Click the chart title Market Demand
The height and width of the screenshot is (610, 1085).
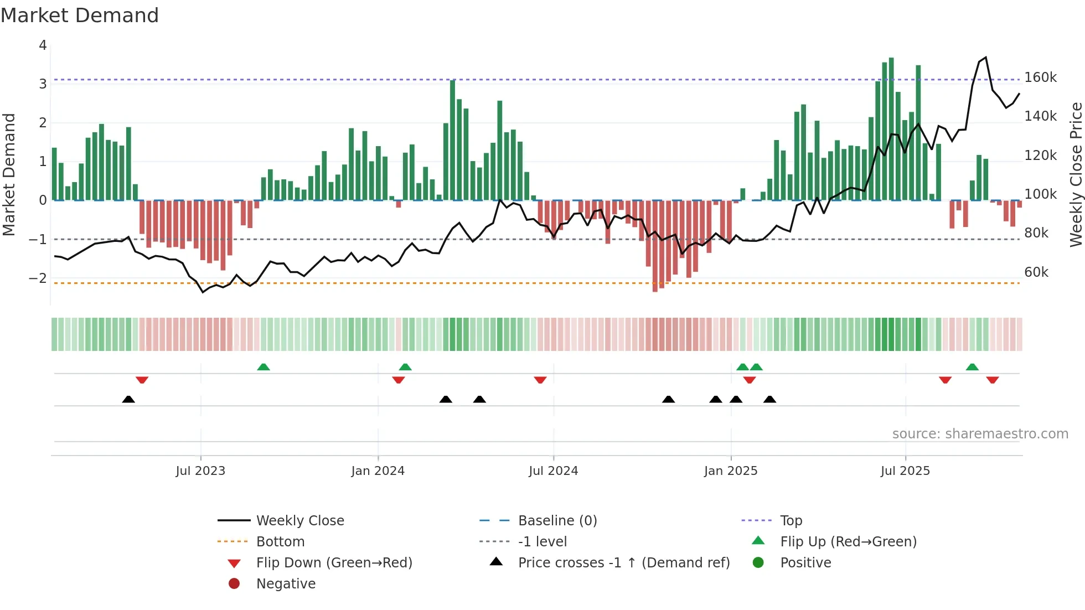pyautogui.click(x=80, y=15)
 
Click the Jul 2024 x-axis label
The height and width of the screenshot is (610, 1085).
pyautogui.click(x=553, y=471)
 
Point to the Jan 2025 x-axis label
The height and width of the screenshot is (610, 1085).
pyautogui.click(x=730, y=471)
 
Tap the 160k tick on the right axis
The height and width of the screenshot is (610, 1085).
pyautogui.click(x=1040, y=77)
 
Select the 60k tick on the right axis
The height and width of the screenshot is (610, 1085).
pyautogui.click(x=1036, y=272)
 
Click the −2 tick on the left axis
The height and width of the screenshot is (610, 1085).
pyautogui.click(x=38, y=278)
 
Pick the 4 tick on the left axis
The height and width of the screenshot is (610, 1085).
pyautogui.click(x=43, y=45)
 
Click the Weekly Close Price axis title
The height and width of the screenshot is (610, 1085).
pyautogui.click(x=1076, y=174)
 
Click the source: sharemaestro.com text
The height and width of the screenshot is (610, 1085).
pyautogui.click(x=980, y=434)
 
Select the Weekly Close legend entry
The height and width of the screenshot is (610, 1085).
pyautogui.click(x=299, y=521)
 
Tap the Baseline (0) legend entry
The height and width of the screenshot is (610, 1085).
pyautogui.click(x=557, y=521)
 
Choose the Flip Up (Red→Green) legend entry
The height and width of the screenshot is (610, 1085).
pyautogui.click(x=848, y=542)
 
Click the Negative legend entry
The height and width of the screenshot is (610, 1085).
pyautogui.click(x=286, y=584)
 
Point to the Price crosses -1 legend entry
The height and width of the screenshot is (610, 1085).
pyautogui.click(x=623, y=563)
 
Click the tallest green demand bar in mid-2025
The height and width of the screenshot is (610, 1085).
pyautogui.click(x=891, y=128)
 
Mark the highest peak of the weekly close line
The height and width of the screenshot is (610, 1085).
pyautogui.click(x=986, y=58)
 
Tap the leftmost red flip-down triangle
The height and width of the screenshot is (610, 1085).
pyautogui.click(x=142, y=380)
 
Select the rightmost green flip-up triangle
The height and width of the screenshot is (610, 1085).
pyautogui.click(x=972, y=367)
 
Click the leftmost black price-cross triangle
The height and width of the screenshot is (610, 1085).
pyautogui.click(x=128, y=399)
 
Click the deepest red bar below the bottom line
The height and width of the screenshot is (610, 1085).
pyautogui.click(x=655, y=246)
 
